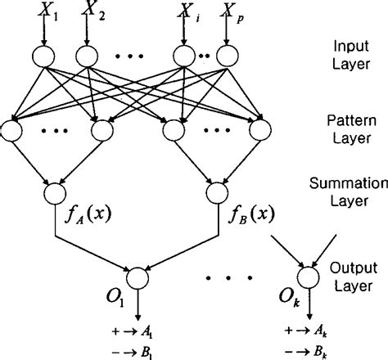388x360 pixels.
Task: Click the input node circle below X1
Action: (41, 56)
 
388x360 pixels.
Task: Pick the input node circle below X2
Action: (88, 56)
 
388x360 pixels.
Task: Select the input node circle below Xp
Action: (225, 56)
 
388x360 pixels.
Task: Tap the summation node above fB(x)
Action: (216, 194)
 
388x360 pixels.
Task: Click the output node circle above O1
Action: (135, 276)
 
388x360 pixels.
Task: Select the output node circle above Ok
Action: (309, 276)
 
